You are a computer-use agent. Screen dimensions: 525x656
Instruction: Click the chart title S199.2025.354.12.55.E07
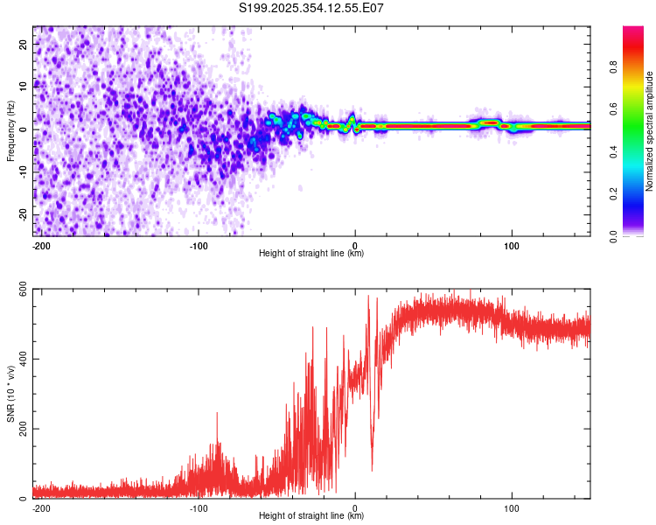(x=311, y=8)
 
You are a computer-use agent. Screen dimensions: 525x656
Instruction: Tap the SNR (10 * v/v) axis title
(x=10, y=394)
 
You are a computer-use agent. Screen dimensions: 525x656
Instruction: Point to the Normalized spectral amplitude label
(x=649, y=131)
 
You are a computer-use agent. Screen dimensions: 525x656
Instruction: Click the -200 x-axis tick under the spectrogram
(x=39, y=243)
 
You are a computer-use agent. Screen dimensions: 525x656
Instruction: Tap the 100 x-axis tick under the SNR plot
(x=512, y=507)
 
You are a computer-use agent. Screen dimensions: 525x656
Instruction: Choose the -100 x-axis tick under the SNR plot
(x=197, y=507)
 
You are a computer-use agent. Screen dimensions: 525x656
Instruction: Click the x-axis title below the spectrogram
(x=311, y=253)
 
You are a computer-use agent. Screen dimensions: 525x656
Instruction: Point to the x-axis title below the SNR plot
(x=311, y=516)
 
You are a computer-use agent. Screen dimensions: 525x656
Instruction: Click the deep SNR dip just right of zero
(x=372, y=470)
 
